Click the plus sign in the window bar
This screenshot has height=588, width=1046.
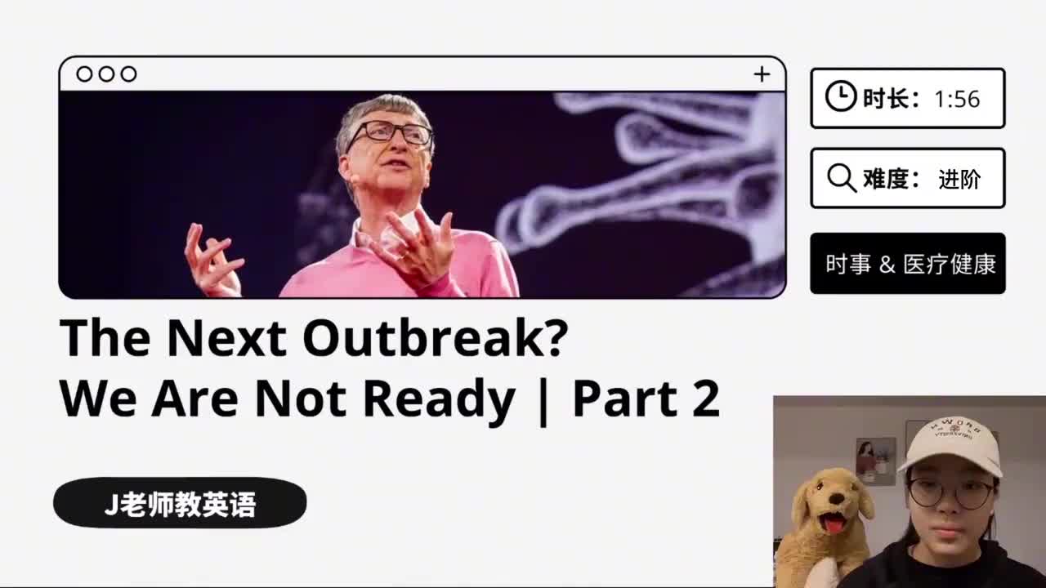[762, 74]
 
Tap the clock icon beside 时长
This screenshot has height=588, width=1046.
[841, 96]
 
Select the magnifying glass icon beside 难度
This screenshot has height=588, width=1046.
[842, 178]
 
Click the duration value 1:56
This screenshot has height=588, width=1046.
[957, 99]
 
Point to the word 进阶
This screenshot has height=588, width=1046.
[959, 179]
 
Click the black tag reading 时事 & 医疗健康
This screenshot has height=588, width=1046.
[908, 263]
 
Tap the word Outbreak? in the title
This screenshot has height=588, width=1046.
[436, 337]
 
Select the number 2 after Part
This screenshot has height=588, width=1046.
[705, 398]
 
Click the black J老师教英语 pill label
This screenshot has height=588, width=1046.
[180, 502]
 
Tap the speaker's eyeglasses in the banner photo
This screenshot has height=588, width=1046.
[391, 134]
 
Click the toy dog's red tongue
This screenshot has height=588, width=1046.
[833, 523]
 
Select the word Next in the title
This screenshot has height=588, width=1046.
[226, 337]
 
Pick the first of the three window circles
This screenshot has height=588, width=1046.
[84, 74]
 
